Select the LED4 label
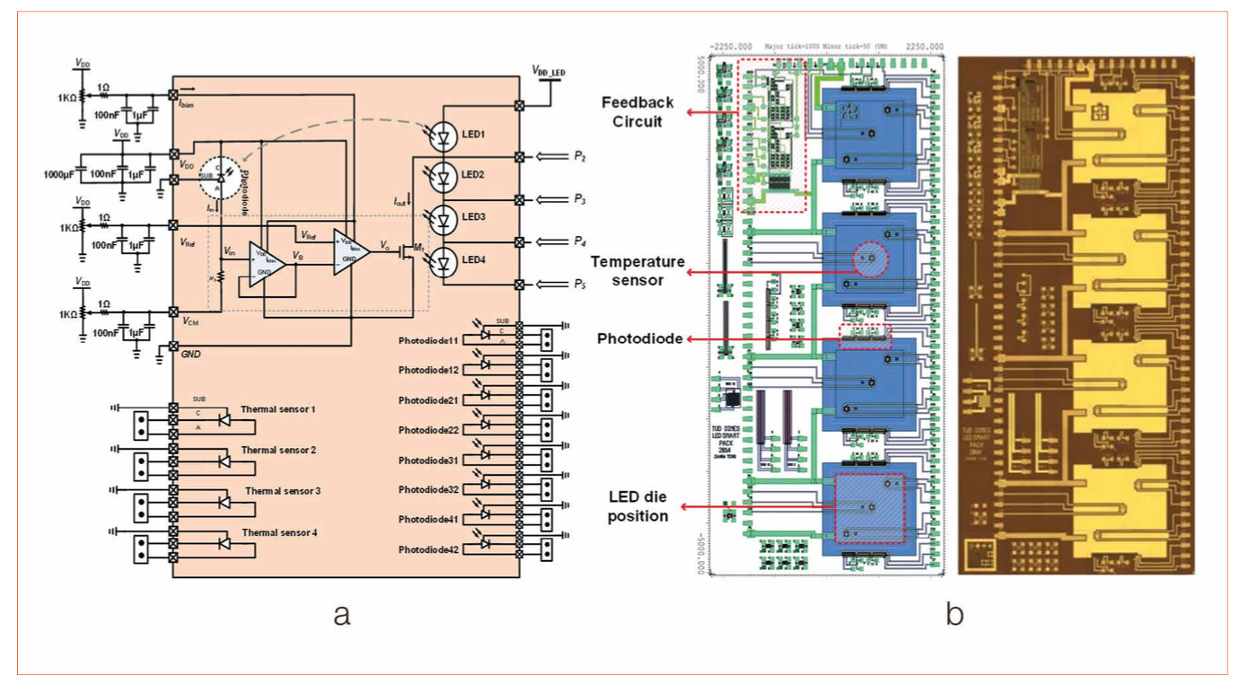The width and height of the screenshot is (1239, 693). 473,260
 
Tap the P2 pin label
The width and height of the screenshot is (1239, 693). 579,157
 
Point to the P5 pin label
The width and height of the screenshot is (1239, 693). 579,285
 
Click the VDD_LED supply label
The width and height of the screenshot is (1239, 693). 549,70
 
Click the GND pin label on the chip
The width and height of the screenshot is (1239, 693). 191,355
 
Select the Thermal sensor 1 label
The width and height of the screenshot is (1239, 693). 278,409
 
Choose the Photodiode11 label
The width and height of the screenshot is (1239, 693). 428,341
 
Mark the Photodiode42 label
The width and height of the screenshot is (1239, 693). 428,549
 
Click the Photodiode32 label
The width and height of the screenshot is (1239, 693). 428,490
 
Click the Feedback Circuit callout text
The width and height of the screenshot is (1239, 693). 637,112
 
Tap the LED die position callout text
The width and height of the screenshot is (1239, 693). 637,507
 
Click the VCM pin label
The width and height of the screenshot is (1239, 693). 190,320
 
